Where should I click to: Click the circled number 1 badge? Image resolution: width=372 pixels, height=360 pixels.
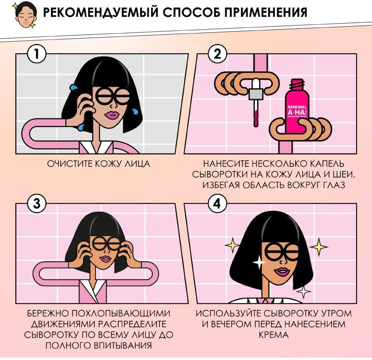[x=36, y=54]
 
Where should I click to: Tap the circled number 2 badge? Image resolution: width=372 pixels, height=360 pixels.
[x=217, y=54]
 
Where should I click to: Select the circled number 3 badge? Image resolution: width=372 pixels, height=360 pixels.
[x=36, y=204]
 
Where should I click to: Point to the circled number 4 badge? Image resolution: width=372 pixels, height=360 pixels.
[x=217, y=204]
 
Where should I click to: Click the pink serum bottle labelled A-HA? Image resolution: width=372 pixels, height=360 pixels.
[x=297, y=107]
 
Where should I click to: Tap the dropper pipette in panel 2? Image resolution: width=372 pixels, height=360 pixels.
[x=256, y=102]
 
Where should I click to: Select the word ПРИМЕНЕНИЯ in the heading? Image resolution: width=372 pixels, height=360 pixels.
[x=266, y=12]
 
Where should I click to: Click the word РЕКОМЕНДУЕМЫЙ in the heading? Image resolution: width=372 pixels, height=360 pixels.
[x=100, y=12]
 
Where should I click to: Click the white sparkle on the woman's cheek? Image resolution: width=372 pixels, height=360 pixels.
[x=259, y=262]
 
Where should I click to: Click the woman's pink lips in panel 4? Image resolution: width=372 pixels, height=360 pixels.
[x=281, y=271]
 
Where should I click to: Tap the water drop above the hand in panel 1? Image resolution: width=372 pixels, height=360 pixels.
[x=74, y=87]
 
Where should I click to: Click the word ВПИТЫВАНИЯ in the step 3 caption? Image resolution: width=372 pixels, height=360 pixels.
[x=123, y=346]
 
